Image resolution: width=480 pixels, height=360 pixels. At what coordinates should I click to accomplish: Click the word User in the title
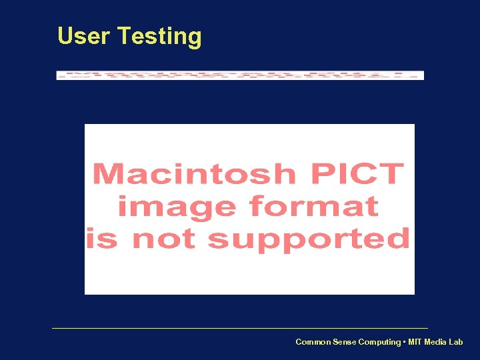point(84,36)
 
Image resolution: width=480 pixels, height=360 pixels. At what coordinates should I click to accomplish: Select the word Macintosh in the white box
point(194,175)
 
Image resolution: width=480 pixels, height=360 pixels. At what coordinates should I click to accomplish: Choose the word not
point(165,238)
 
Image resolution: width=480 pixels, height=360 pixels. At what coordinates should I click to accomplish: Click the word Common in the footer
point(313,342)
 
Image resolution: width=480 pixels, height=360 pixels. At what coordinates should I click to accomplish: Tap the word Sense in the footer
point(345,342)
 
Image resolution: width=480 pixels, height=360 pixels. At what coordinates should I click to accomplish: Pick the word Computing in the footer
point(379,343)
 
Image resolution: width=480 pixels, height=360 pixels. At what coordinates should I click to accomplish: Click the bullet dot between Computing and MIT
point(403,342)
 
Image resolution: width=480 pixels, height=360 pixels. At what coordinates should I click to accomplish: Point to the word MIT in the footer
point(414,342)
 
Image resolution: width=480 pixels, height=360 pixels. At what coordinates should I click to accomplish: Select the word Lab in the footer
point(455,342)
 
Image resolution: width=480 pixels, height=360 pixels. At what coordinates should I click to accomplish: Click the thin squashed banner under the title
point(240,75)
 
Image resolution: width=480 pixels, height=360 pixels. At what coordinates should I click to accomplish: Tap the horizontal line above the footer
point(240,328)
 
